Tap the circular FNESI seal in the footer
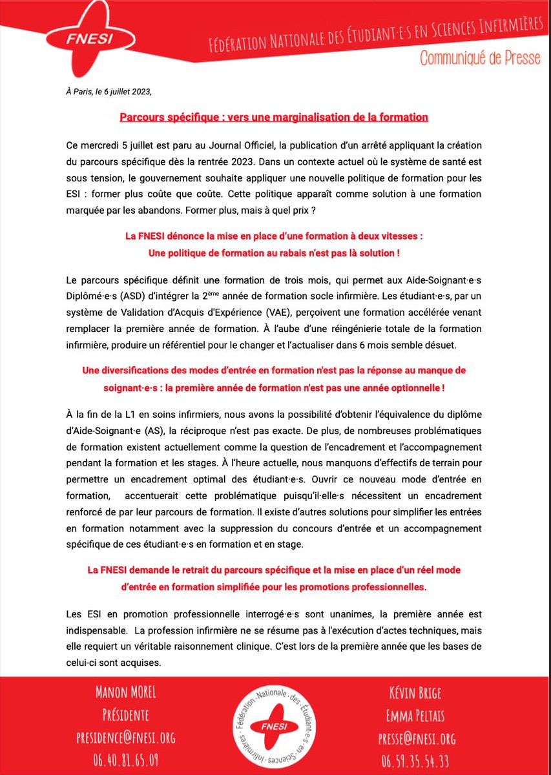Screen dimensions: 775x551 pos(275,723)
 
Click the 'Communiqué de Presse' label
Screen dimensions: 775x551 pos(479,57)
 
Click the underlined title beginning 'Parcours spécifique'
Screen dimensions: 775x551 pos(274,118)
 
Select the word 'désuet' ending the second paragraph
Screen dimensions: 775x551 pos(441,345)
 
